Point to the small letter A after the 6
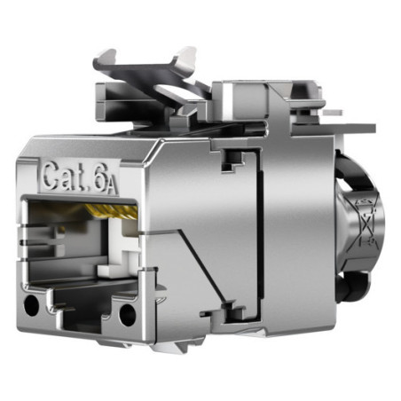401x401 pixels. pyautogui.click(x=113, y=187)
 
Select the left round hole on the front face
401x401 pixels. pyautogui.click(x=31, y=305)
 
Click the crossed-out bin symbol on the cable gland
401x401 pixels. pyautogui.click(x=366, y=223)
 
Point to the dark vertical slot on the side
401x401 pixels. pyautogui.click(x=260, y=234)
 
